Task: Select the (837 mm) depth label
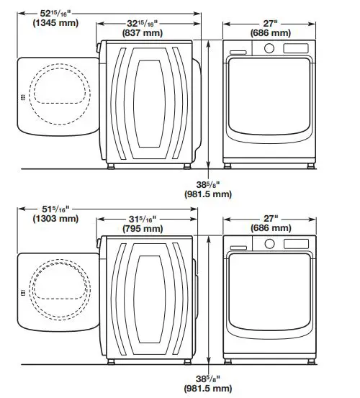click(148, 33)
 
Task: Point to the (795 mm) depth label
click(148, 229)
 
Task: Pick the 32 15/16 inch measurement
click(148, 23)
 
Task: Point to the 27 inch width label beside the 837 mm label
click(271, 23)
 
